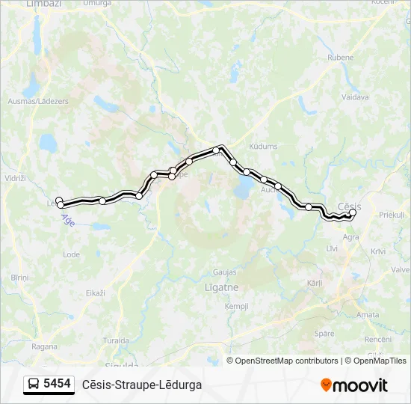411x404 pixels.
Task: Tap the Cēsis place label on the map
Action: pos(350,206)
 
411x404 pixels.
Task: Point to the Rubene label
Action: pos(340,57)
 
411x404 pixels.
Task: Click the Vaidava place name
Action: pos(355,97)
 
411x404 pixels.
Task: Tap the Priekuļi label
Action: pos(392,215)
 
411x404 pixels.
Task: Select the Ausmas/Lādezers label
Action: pos(37,101)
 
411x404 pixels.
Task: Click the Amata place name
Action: pos(368,315)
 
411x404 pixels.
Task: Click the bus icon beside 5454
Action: pos(34,385)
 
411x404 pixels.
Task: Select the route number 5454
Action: pos(58,384)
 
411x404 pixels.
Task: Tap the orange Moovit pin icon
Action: pos(326,385)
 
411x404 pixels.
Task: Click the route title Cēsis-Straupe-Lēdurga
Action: pos(142,385)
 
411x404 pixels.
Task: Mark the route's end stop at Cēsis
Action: pos(353,212)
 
